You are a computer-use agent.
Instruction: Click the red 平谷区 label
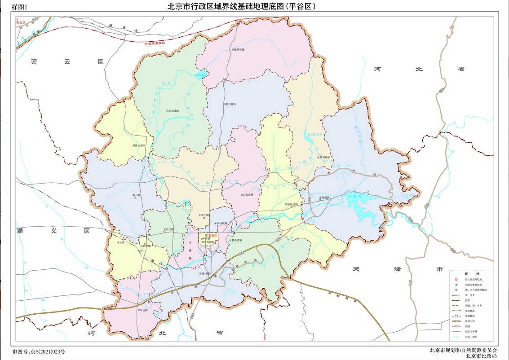[209, 235]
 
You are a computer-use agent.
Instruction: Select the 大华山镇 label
[172, 110]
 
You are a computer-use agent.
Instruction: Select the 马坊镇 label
[143, 309]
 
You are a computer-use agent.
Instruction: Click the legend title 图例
[469, 273]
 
